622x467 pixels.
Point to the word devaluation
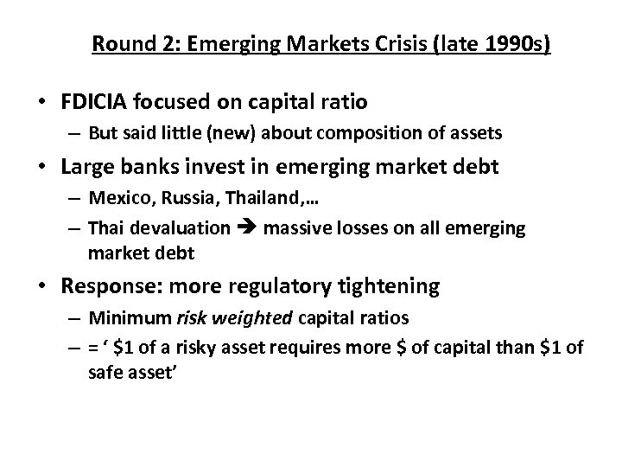click(x=183, y=229)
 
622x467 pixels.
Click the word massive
click(x=294, y=229)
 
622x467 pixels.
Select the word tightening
click(x=397, y=285)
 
